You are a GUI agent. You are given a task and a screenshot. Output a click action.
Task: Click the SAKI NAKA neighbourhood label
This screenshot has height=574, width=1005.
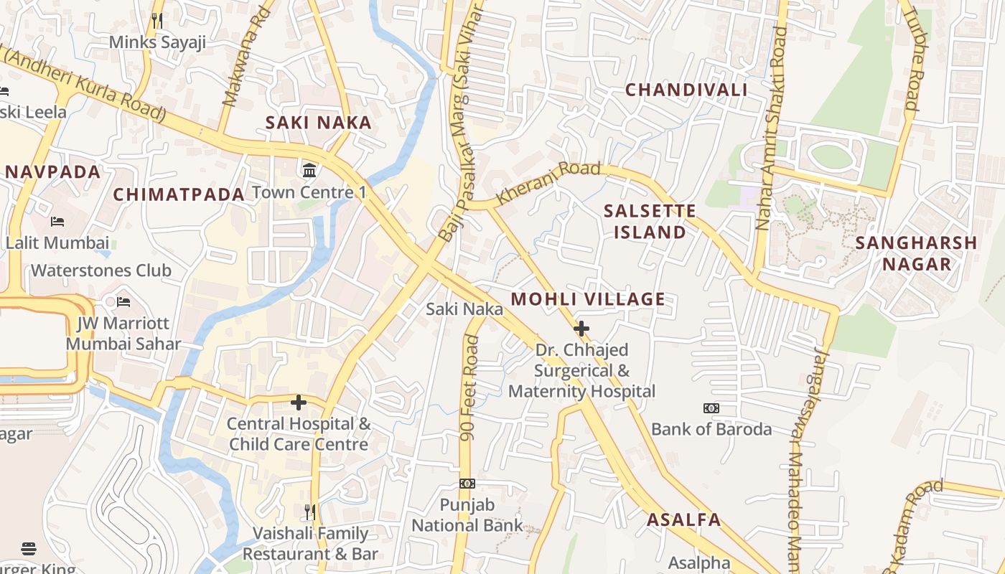click(319, 123)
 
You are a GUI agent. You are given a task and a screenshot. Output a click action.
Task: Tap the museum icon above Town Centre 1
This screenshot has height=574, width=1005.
click(310, 171)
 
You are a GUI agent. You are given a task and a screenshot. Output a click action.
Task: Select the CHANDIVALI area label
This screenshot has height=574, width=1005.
click(686, 90)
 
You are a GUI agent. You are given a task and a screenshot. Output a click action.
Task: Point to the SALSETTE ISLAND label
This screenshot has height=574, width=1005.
click(650, 221)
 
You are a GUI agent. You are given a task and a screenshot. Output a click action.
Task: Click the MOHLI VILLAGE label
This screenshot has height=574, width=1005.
click(588, 299)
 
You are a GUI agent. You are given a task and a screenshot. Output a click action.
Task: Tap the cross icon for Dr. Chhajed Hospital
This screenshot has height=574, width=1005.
click(581, 329)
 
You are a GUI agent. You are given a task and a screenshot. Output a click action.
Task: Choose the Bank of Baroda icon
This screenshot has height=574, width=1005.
click(711, 408)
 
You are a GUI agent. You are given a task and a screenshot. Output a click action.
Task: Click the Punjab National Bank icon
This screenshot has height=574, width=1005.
click(467, 484)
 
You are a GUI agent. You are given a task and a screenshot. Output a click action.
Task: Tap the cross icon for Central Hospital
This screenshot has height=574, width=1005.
click(299, 403)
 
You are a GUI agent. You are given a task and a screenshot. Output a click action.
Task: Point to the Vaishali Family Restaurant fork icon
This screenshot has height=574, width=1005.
click(310, 512)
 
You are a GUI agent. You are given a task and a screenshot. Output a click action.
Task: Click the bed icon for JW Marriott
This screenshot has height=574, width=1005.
click(123, 301)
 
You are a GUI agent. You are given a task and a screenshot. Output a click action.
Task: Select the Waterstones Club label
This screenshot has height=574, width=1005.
click(101, 270)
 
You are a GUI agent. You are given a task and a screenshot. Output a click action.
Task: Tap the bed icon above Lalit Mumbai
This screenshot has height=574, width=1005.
click(57, 222)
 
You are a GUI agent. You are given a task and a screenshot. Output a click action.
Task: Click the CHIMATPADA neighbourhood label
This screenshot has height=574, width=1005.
click(179, 194)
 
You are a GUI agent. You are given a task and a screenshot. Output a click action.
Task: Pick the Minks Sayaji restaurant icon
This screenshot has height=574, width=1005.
click(158, 21)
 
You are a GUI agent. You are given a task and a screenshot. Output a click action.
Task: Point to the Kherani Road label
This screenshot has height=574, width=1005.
click(548, 182)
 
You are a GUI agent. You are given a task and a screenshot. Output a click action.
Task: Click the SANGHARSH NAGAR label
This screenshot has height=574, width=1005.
click(917, 253)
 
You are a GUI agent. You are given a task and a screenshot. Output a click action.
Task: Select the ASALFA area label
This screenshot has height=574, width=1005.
click(684, 520)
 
